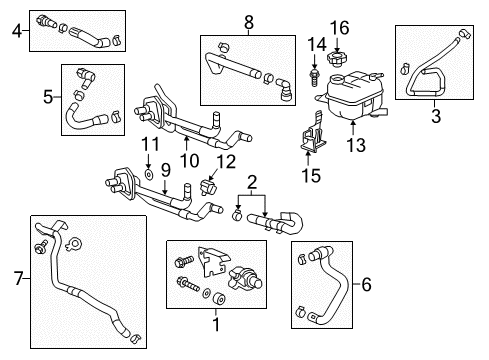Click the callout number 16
[x=341, y=27]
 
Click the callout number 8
[x=249, y=20]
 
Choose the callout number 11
[x=149, y=146]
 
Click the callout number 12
[x=226, y=161]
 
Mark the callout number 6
[x=366, y=285]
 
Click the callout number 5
[x=47, y=97]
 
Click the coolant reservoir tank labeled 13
[x=350, y=95]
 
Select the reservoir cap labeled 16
[x=339, y=53]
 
